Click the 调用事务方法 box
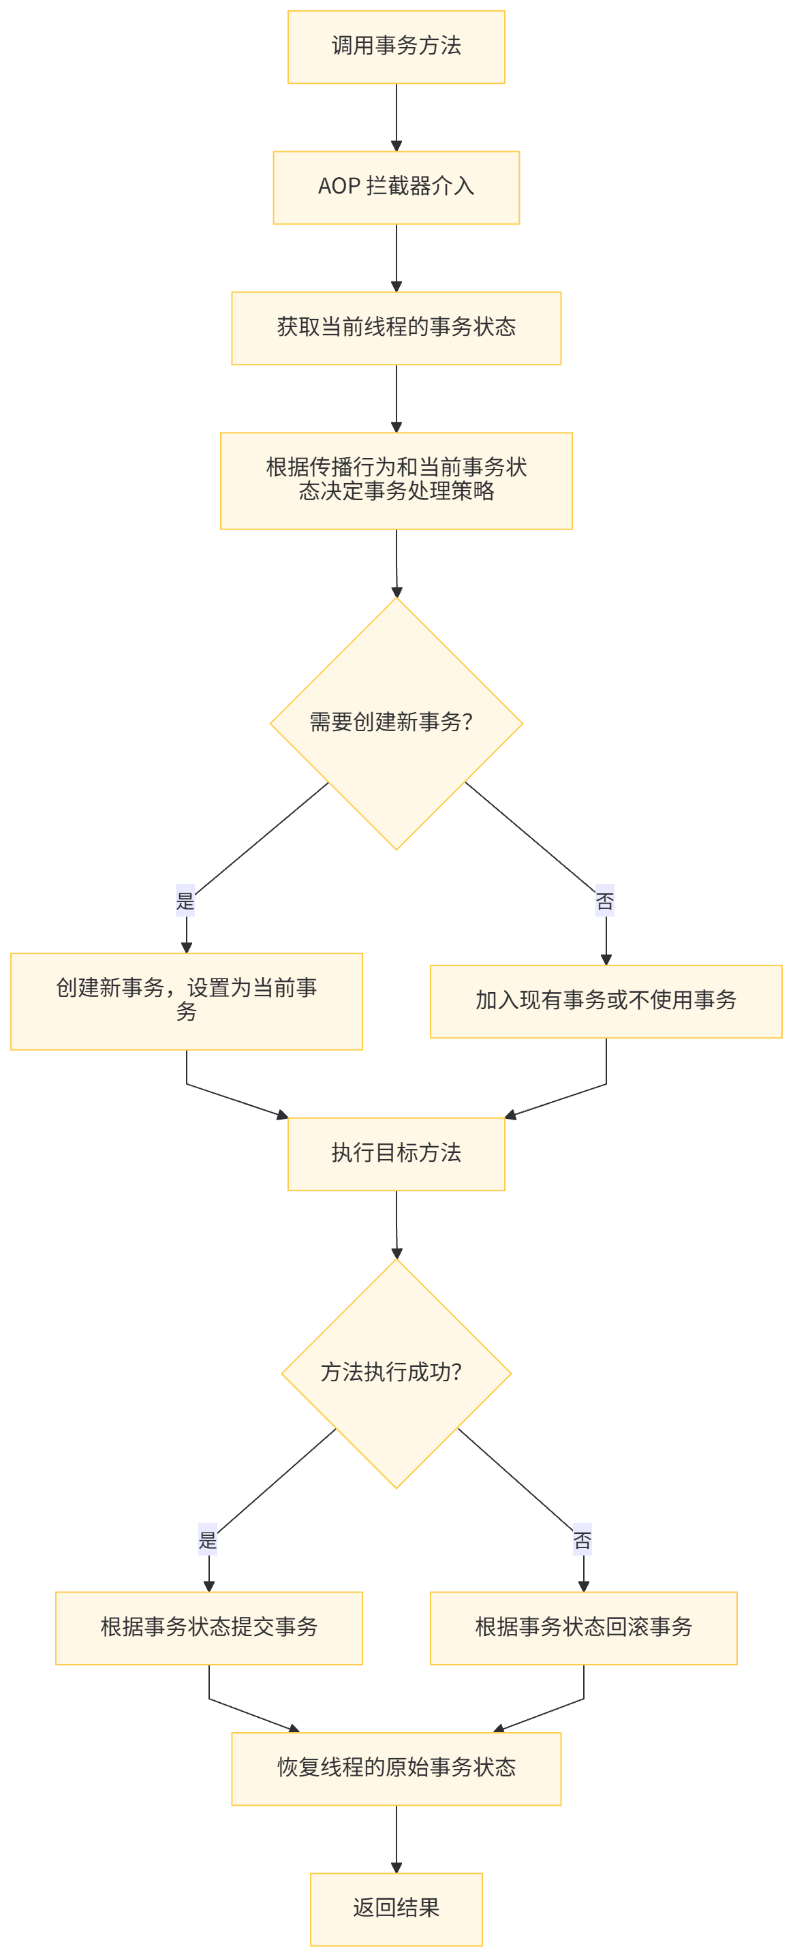[396, 47]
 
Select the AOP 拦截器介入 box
[396, 187]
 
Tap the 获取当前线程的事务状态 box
[396, 328]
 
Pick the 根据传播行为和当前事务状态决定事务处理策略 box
[396, 480]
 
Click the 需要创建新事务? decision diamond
[396, 722]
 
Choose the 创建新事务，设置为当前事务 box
[186, 1000]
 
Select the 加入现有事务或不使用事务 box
[606, 1000]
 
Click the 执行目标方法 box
[396, 1153]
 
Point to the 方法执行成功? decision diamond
[396, 1373]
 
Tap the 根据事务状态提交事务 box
[209, 1627]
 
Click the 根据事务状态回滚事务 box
[583, 1627]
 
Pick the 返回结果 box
[396, 1909]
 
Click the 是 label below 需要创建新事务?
[185, 901]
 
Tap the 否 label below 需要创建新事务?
[604, 901]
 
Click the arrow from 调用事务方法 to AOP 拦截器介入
[396, 117]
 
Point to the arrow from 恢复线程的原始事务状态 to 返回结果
[396, 1838]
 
